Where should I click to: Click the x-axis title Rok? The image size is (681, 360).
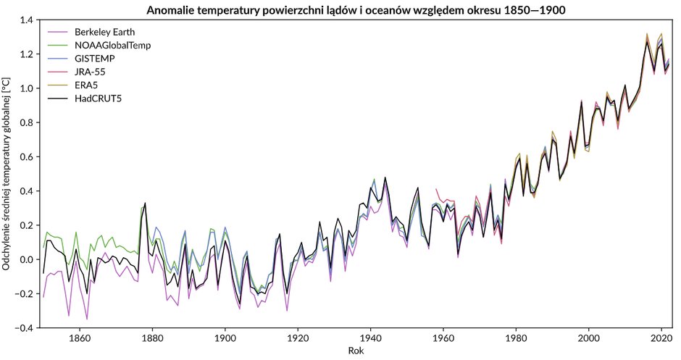tap(355, 351)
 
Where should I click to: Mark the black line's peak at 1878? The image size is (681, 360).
tap(145, 204)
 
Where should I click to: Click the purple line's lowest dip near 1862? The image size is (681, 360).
tap(87, 319)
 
